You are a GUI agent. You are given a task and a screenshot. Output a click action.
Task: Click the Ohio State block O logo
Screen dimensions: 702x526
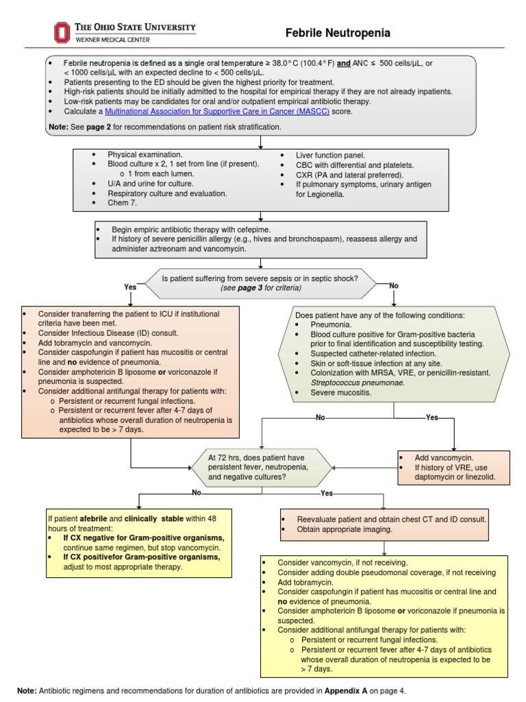click(62, 32)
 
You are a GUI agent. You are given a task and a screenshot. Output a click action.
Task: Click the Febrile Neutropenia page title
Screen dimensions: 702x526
click(338, 33)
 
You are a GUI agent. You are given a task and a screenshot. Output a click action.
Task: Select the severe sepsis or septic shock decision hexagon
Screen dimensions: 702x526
click(259, 283)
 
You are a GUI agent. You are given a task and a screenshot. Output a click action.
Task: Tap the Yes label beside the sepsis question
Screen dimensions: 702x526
click(130, 287)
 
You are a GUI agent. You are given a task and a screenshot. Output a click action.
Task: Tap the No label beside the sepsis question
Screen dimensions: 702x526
click(393, 285)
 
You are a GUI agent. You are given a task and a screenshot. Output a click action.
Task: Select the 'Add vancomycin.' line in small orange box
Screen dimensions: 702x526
click(443, 457)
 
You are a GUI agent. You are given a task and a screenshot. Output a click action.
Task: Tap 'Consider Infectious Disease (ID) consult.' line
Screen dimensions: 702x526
click(108, 333)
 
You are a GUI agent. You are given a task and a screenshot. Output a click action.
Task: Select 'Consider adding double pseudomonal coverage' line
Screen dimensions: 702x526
click(386, 572)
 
